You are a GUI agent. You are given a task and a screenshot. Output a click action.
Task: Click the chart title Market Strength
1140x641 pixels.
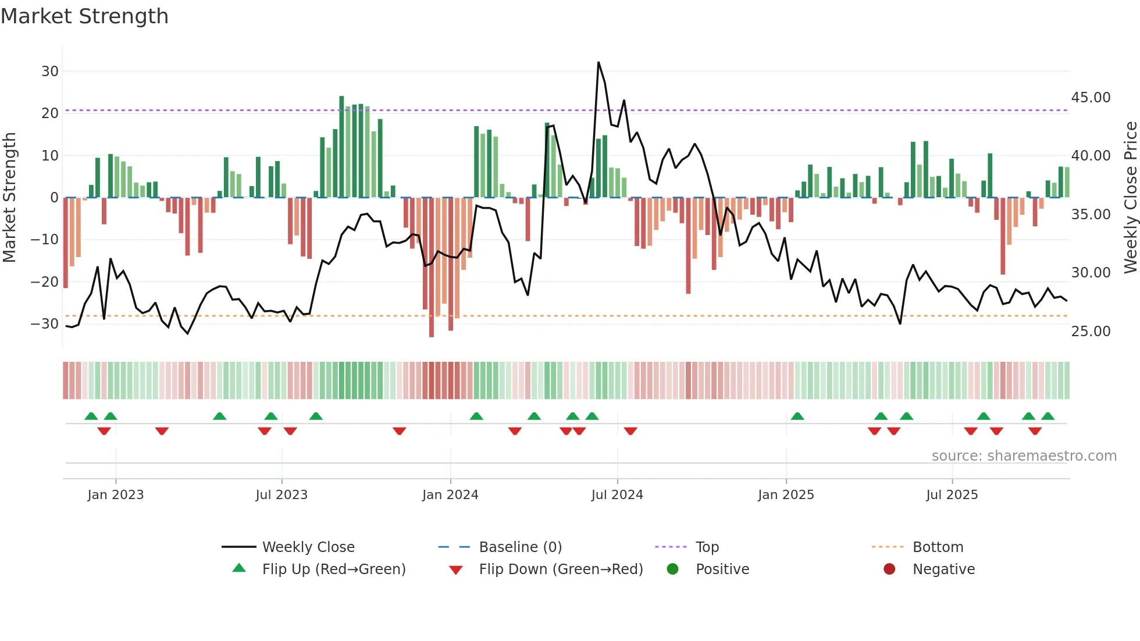pyautogui.click(x=84, y=16)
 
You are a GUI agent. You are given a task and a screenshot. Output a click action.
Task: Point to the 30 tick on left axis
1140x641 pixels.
pyautogui.click(x=50, y=72)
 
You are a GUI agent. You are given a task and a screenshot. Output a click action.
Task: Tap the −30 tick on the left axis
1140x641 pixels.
pyautogui.click(x=45, y=324)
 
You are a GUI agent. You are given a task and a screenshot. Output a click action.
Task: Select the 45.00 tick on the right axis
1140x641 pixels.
pyautogui.click(x=1091, y=98)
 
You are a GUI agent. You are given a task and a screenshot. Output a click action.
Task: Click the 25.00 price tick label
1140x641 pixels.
pyautogui.click(x=1091, y=332)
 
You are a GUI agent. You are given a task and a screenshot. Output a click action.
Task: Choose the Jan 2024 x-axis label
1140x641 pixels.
pyautogui.click(x=450, y=495)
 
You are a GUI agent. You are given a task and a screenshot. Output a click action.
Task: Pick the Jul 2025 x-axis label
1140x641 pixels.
pyautogui.click(x=952, y=495)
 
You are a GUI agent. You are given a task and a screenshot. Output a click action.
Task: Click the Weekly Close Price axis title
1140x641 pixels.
pyautogui.click(x=1130, y=198)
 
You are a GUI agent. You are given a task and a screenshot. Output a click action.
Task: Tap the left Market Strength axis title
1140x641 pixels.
pyautogui.click(x=9, y=198)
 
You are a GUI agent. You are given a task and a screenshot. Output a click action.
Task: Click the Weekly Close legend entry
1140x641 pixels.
pyautogui.click(x=308, y=547)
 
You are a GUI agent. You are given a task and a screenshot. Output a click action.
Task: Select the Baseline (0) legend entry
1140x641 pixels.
pyautogui.click(x=520, y=547)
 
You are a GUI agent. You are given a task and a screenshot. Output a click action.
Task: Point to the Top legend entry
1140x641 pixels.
pyautogui.click(x=707, y=547)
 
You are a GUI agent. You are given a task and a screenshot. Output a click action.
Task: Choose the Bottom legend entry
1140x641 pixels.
pyautogui.click(x=938, y=547)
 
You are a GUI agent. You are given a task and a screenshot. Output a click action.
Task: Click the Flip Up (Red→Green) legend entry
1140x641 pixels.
pyautogui.click(x=333, y=569)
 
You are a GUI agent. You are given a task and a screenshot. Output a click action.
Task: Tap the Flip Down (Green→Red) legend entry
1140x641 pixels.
pyautogui.click(x=561, y=569)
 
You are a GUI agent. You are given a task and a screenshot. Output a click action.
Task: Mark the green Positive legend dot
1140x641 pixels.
pyautogui.click(x=673, y=569)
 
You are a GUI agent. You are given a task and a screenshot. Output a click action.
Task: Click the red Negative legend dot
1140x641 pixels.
pyautogui.click(x=889, y=569)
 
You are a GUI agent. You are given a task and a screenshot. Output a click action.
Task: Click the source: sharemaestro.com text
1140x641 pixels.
pyautogui.click(x=1024, y=456)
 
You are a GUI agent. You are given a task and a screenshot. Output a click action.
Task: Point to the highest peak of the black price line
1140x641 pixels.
pyautogui.click(x=598, y=62)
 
